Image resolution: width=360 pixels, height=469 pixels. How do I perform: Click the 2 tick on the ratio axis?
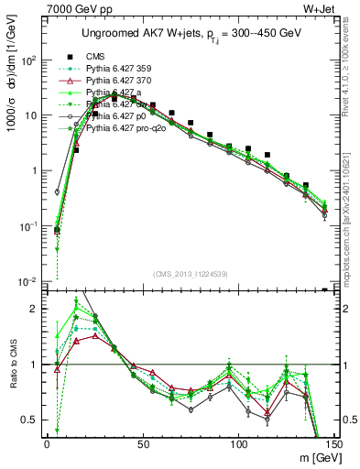(35, 310)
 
